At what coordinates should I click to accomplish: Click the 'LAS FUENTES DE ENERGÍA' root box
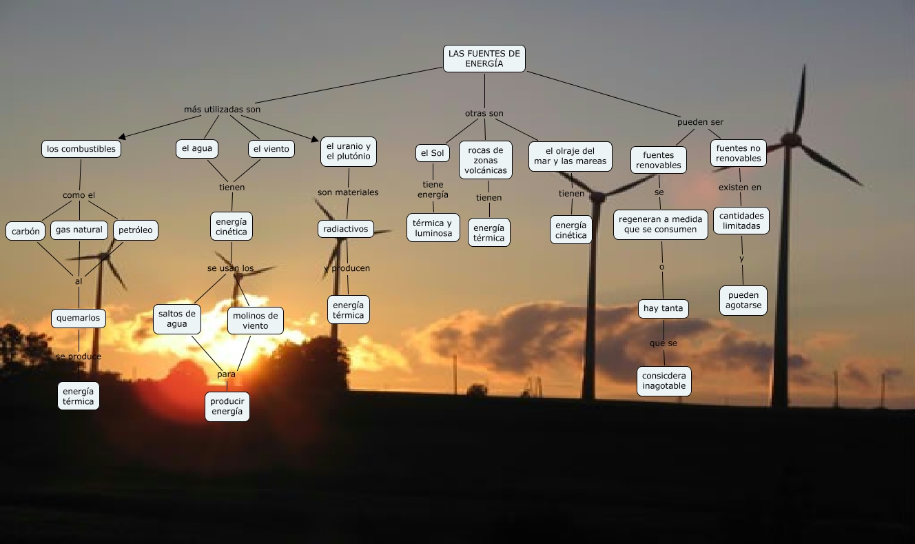click(x=484, y=59)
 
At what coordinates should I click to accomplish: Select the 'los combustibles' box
click(x=81, y=149)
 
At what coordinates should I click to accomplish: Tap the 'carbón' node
click(x=26, y=231)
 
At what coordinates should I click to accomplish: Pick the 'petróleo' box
click(x=135, y=230)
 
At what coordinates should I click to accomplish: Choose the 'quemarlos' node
click(x=79, y=318)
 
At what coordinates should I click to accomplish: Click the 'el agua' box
click(x=197, y=148)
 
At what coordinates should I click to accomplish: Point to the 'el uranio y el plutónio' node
click(x=349, y=152)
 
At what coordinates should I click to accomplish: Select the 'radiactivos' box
click(x=346, y=228)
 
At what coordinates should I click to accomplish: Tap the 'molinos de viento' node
click(x=256, y=321)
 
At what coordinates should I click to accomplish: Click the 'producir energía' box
click(x=227, y=407)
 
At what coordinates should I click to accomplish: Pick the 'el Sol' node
click(x=433, y=153)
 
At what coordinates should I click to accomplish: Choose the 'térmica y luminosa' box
click(x=433, y=228)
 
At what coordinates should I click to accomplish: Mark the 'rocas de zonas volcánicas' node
click(x=486, y=160)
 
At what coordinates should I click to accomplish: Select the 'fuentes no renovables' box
click(x=739, y=153)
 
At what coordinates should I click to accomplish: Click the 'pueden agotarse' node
click(x=743, y=301)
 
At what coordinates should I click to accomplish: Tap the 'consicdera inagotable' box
click(x=664, y=381)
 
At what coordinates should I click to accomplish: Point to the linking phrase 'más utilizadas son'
click(x=222, y=110)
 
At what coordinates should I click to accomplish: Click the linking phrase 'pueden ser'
click(x=700, y=122)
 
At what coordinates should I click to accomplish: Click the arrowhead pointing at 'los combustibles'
click(x=123, y=137)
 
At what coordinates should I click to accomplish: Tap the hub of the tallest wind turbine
click(x=791, y=139)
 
